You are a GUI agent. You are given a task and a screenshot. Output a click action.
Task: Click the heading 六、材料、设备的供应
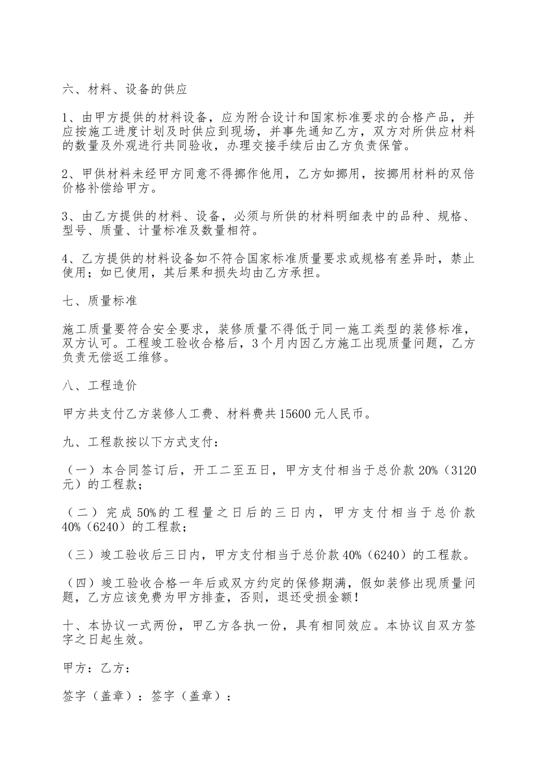(x=125, y=90)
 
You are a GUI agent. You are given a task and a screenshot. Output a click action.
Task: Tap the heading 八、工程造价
(x=100, y=386)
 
